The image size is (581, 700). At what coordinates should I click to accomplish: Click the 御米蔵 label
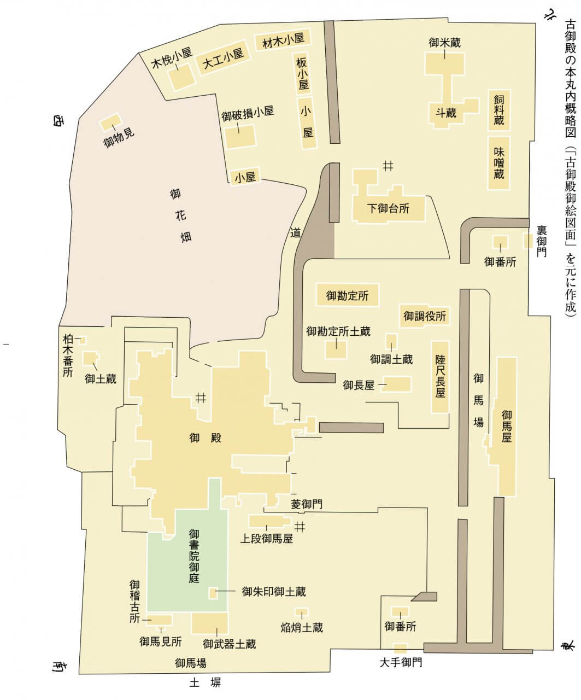445,42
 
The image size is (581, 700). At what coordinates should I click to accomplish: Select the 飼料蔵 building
499,110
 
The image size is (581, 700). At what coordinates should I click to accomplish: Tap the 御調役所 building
425,316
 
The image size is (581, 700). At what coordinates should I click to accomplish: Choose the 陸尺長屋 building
441,377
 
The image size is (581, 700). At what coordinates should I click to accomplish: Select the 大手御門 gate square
400,649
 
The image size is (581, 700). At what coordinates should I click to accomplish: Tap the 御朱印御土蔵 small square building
214,592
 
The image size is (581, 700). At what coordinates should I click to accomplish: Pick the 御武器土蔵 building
209,623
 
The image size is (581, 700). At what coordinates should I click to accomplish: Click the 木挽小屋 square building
181,77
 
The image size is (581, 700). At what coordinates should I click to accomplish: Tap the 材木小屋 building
283,40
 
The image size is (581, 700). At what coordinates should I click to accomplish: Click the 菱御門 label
307,504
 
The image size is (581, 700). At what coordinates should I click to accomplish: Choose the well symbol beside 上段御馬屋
300,527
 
